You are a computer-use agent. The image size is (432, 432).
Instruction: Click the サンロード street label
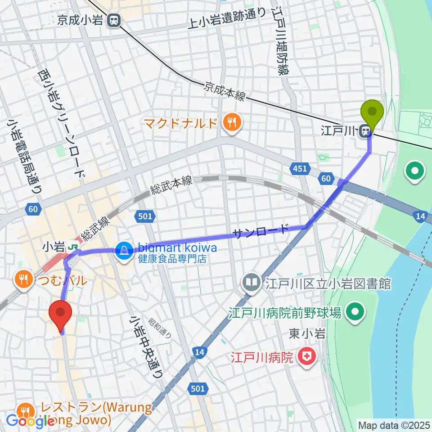point(261,231)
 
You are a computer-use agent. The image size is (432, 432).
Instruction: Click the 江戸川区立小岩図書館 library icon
point(250,283)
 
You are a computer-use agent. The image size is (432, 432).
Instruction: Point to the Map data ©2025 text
point(393,424)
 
